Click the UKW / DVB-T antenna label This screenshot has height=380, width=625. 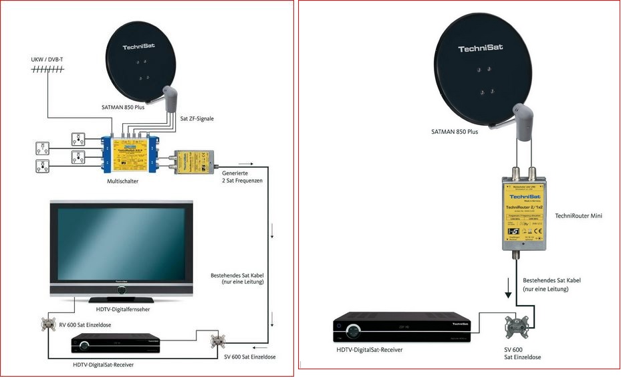(x=47, y=60)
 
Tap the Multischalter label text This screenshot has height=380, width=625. (x=122, y=181)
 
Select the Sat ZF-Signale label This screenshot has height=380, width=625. (x=197, y=118)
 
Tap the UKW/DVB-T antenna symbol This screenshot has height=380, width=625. (x=47, y=69)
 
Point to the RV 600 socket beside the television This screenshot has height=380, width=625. (x=48, y=324)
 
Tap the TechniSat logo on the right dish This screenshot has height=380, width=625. (x=481, y=48)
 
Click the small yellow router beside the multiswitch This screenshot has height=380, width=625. (x=193, y=161)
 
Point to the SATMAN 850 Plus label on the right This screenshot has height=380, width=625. (x=455, y=132)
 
